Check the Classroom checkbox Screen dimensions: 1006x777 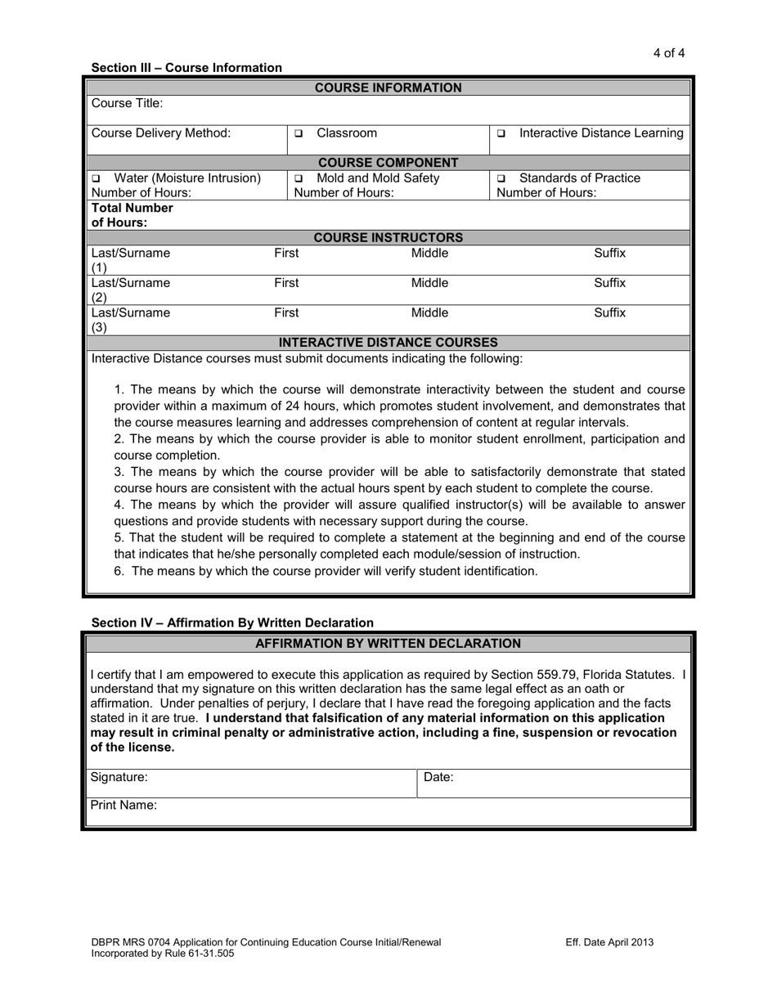[x=299, y=133]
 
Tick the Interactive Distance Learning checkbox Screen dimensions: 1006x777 [x=501, y=133]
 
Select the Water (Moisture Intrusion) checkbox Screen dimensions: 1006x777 [x=96, y=178]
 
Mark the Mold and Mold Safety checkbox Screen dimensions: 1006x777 [x=299, y=178]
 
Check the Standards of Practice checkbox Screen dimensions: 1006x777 [x=501, y=178]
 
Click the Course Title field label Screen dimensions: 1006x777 [x=127, y=103]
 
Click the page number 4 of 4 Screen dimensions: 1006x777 [x=668, y=53]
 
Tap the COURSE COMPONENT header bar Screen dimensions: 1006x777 [x=388, y=163]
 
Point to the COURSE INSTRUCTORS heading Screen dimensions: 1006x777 [x=388, y=238]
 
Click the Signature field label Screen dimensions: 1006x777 [x=119, y=777]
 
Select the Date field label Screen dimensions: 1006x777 [x=438, y=777]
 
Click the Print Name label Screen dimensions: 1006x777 [x=124, y=805]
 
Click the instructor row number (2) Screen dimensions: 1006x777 [x=98, y=298]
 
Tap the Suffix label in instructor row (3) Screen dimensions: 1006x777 [x=609, y=312]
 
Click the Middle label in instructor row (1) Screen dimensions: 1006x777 [x=429, y=254]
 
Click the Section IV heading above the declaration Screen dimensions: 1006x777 [x=232, y=622]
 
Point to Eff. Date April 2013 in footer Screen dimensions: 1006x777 [x=609, y=942]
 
